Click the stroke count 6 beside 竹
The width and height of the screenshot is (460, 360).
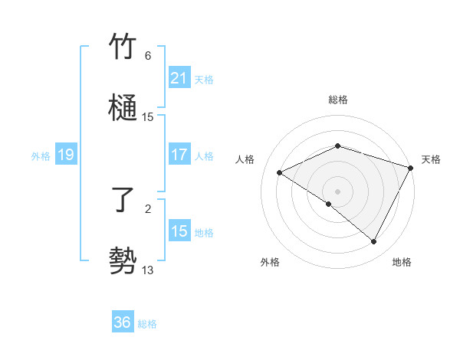point(148,56)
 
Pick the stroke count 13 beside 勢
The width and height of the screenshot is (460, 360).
point(148,270)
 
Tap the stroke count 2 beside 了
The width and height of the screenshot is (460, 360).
point(148,208)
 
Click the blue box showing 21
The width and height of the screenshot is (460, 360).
point(179,78)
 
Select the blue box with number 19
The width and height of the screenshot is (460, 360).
point(65,155)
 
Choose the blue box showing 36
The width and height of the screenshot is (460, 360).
point(123,323)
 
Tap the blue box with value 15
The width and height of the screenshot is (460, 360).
point(179,231)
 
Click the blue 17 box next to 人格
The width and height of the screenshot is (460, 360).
point(179,155)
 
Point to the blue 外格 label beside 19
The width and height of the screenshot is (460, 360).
point(41,156)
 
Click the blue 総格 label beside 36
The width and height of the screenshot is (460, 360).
point(147,324)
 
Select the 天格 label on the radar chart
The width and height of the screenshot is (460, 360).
point(431,159)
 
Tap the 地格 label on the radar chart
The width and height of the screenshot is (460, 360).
point(402,262)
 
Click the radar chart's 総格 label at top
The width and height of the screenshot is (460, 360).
point(337,100)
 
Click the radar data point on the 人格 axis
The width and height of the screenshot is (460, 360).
point(280,173)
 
